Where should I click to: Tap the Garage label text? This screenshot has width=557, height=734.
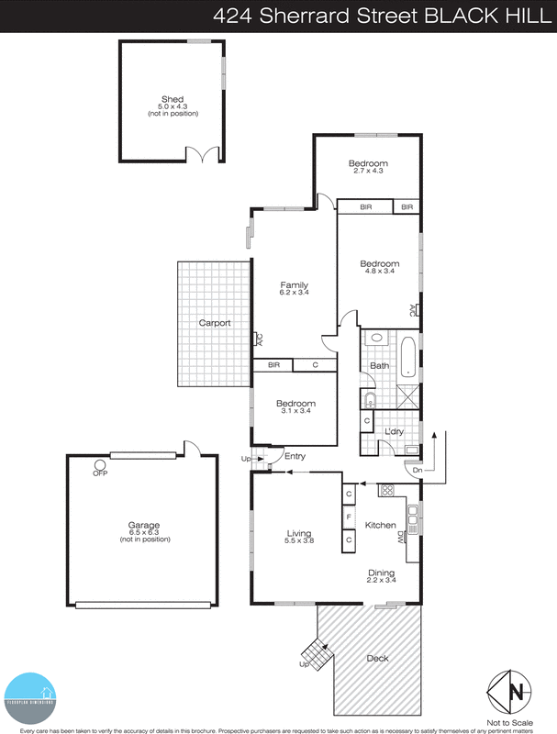(x=144, y=525)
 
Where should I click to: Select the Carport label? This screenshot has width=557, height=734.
(x=215, y=323)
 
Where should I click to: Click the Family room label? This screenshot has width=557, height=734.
(x=294, y=284)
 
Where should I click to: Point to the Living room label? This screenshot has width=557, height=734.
(x=299, y=533)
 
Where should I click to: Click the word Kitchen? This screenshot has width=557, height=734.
(x=381, y=526)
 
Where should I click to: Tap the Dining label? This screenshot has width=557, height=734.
(x=382, y=573)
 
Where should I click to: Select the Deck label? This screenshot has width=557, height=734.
(x=377, y=658)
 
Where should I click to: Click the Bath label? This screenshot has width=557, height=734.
(x=379, y=366)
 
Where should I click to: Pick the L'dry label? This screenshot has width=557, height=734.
(x=395, y=431)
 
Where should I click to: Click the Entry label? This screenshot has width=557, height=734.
(x=295, y=457)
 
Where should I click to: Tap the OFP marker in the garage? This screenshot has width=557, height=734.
(x=100, y=473)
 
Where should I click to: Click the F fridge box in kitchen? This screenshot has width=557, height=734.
(x=349, y=517)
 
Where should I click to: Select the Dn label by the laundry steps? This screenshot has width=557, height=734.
(x=418, y=471)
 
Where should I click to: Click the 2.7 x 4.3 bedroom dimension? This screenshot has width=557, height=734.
(x=367, y=172)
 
